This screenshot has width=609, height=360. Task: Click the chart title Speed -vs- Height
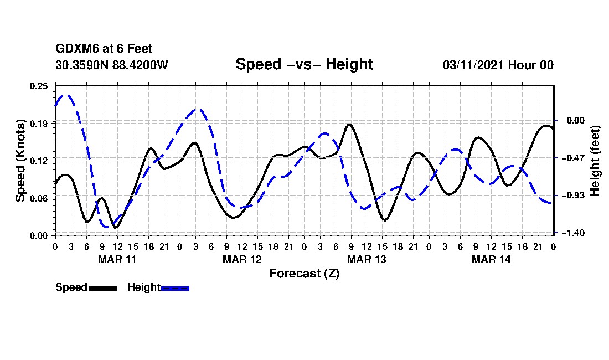coord(304,64)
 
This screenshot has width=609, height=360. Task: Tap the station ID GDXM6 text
coord(76,49)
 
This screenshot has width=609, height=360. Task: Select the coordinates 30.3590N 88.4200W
coord(112,65)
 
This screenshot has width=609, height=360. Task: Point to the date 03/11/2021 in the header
coord(473,65)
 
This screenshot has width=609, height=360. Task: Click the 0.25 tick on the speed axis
coord(40,85)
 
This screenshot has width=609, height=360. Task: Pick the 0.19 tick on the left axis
coord(40,123)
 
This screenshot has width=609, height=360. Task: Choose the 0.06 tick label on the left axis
coord(40,198)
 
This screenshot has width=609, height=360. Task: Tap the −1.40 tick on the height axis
coord(572,233)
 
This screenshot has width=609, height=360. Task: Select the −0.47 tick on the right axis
coord(572,158)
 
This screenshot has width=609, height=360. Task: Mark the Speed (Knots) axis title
coord(20,160)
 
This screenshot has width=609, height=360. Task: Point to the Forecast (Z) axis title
coord(304,273)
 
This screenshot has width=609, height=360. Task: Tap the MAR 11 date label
coord(117,259)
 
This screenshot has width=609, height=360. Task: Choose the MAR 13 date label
coord(366,259)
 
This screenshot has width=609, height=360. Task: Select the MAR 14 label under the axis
coord(491,259)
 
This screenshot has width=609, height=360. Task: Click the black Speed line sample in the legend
coord(103,288)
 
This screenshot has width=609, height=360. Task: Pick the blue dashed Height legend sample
coord(176,288)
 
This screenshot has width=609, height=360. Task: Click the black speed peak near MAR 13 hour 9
coord(349,124)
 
